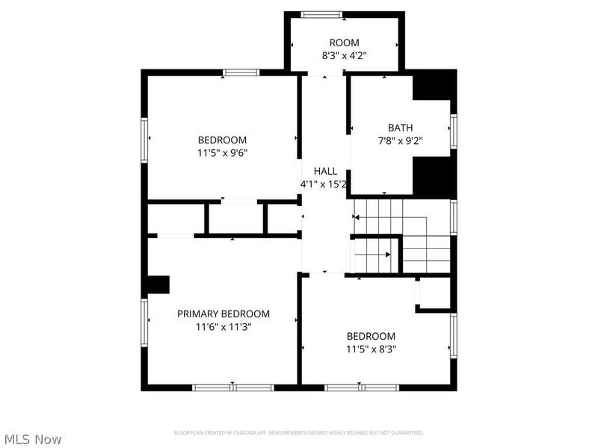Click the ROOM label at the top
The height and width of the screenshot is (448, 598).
(344, 43)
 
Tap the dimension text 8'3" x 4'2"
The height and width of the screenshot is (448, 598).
(344, 55)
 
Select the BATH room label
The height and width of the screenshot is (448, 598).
(400, 128)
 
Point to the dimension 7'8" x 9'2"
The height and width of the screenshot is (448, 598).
(400, 140)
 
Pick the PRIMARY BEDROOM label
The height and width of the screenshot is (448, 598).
(223, 314)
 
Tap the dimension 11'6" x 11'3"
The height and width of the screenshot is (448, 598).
(223, 326)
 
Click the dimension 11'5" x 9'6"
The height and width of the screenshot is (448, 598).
(222, 152)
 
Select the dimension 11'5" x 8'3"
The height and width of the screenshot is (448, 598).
(371, 349)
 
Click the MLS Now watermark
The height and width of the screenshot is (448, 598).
(32, 439)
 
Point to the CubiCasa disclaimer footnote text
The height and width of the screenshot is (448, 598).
(299, 433)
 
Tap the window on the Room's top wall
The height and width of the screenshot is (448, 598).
(321, 14)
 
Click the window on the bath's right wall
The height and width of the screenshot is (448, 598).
(453, 131)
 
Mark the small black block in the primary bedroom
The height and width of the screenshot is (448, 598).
(158, 286)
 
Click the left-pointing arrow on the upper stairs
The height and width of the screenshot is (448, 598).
(357, 217)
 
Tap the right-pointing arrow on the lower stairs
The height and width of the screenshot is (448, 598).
(388, 255)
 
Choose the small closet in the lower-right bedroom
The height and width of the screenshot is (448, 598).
(434, 294)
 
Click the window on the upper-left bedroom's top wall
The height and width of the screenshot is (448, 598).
(241, 72)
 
